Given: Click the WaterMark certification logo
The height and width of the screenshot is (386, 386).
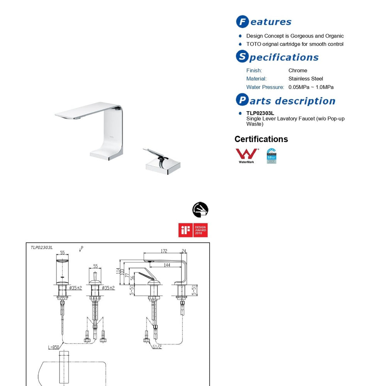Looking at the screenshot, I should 247,156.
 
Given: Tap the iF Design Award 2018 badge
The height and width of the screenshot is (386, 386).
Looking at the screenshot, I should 193,230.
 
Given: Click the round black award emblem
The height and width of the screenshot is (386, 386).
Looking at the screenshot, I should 200,210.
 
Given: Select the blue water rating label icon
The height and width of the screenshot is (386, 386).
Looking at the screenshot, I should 271,156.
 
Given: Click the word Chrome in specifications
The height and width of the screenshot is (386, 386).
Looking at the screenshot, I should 298,70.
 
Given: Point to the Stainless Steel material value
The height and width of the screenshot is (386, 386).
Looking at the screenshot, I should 306,79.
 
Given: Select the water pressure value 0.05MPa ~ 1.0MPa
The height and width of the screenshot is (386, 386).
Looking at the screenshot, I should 311,87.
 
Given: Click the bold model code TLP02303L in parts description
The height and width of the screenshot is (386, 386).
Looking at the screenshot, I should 260,113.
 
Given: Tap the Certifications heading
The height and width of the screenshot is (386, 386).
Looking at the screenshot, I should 261,139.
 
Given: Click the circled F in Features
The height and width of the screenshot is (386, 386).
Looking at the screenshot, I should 242,22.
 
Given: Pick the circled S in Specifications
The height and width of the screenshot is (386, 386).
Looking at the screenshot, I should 242,57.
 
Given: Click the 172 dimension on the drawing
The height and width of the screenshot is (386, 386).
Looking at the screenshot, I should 164,251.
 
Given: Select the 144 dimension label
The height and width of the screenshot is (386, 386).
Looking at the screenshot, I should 167,265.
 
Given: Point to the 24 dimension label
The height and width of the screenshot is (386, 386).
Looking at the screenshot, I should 184,251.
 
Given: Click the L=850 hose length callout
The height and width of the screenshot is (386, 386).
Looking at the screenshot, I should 53,347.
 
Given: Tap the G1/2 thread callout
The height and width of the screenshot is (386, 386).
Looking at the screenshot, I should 157,347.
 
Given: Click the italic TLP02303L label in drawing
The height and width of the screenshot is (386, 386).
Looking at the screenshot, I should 42,248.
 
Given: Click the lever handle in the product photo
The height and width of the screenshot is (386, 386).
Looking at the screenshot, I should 156,153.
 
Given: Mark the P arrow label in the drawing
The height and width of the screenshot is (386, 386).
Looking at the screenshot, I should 81,248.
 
